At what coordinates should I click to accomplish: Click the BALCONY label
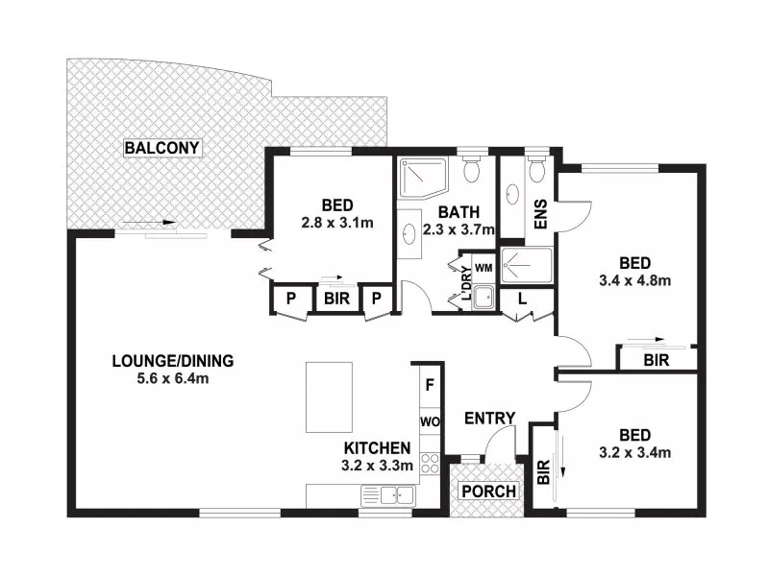point(161,148)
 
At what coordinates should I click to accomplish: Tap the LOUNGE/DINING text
point(173,361)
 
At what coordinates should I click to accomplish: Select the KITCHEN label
point(377,448)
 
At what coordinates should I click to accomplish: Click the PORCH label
point(488,492)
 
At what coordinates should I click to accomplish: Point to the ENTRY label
point(489,419)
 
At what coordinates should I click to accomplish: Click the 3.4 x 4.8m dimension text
point(634,280)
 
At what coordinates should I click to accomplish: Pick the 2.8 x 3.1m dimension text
point(337,223)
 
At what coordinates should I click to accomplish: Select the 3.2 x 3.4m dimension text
point(634,452)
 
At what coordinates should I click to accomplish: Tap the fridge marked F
point(430,386)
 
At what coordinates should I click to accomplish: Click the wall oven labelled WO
point(430,421)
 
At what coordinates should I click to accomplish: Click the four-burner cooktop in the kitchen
point(430,463)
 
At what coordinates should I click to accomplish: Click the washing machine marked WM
point(484,268)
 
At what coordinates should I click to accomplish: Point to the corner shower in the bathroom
point(423,178)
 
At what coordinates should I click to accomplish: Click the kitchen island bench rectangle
point(329,397)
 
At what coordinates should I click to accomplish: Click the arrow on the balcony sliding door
point(149,223)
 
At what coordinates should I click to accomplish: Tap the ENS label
point(540,214)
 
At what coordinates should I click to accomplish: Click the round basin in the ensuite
point(512,195)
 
